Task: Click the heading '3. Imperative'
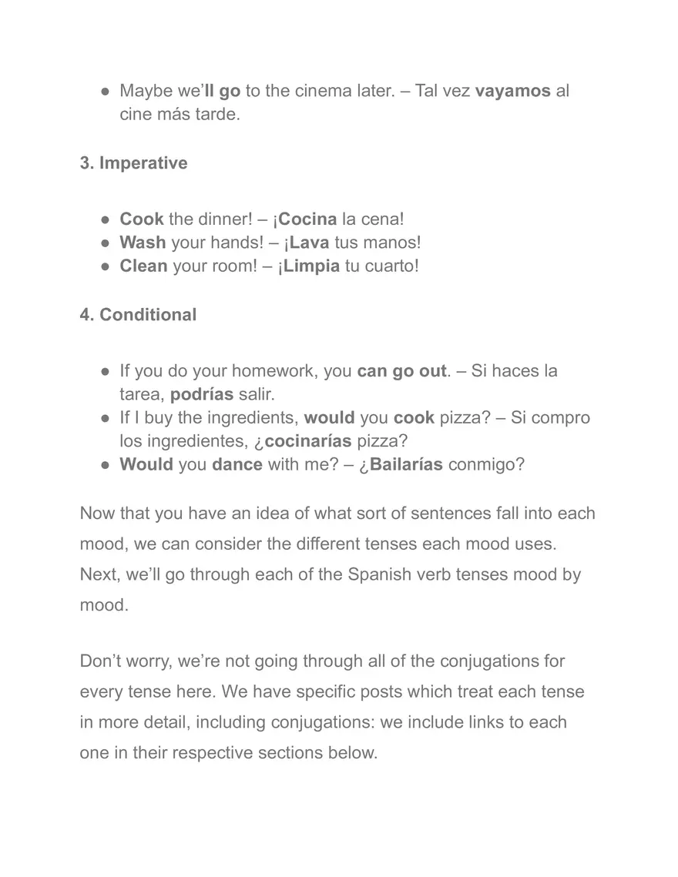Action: [x=133, y=163]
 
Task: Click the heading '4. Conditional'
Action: [x=138, y=315]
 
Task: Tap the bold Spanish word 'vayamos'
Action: [x=512, y=91]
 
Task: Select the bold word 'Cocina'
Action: [x=307, y=219]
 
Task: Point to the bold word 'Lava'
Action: [x=310, y=243]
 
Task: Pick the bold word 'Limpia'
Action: [x=311, y=266]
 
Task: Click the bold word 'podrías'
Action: [x=202, y=394]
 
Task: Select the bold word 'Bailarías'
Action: [x=406, y=466]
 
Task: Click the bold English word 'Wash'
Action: [x=143, y=243]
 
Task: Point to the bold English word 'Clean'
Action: [x=143, y=266]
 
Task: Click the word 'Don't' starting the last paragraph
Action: [x=100, y=661]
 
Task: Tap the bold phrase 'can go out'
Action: [x=401, y=371]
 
